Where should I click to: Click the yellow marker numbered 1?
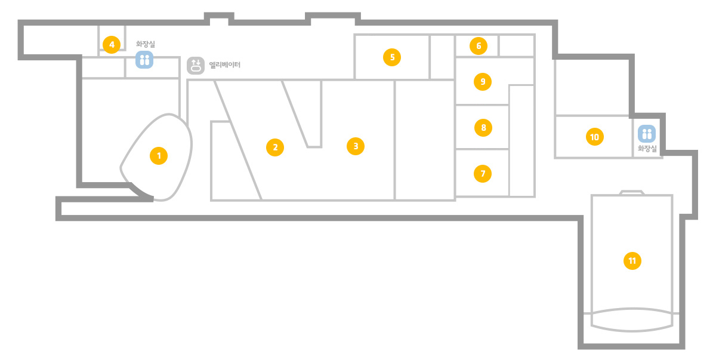159,156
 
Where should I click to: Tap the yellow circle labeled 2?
275,147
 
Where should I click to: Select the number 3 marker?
356,146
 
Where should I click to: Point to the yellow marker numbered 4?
112,45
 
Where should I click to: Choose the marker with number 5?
392,57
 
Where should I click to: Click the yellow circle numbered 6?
479,46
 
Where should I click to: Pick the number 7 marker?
483,174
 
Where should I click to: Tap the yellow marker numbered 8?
483,128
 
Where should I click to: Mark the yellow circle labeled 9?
483,82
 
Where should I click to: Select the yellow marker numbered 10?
594,137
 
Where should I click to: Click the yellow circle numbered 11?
632,261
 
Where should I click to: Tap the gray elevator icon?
196,66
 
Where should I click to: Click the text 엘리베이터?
225,65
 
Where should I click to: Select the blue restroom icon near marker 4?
144,60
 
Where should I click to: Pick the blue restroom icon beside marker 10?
647,134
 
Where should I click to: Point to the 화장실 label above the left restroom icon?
146,44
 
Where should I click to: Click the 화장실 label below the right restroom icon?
647,148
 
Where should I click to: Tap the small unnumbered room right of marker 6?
517,46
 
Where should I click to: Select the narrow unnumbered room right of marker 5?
442,57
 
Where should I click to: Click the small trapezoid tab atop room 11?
632,192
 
